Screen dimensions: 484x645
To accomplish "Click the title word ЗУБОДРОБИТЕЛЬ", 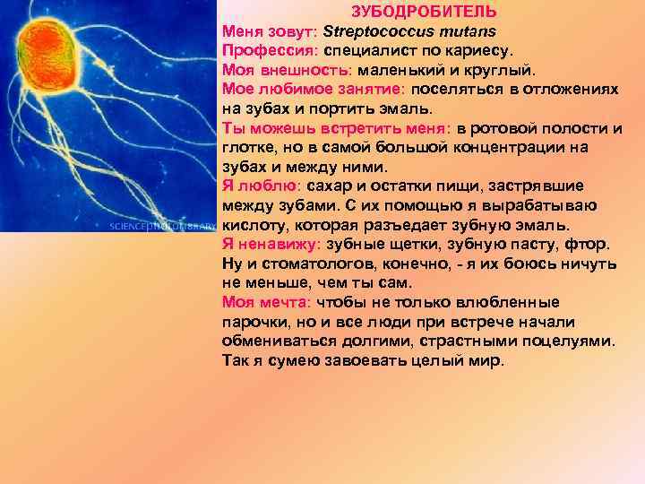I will [424, 12].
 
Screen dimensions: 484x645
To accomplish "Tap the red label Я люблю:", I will [261, 186].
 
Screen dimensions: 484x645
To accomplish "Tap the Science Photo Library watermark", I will [161, 226].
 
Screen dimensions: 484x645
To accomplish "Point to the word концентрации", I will [505, 147].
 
